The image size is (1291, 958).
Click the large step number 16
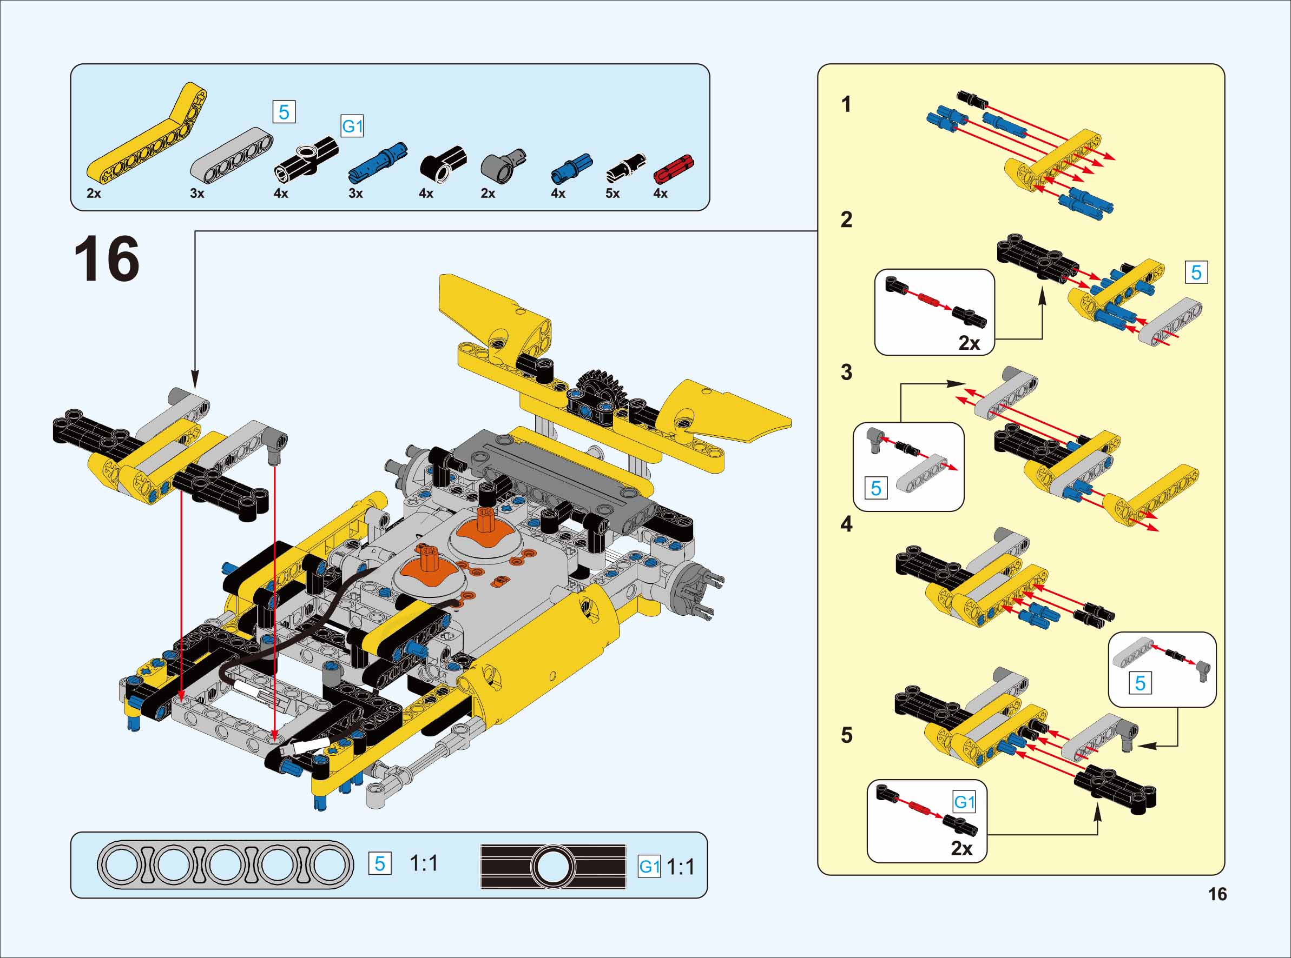107,259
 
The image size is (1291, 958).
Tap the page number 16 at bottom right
1217,894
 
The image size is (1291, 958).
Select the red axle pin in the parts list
673,169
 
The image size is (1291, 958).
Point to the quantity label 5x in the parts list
612,194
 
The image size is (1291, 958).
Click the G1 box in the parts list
352,127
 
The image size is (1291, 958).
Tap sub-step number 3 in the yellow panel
847,372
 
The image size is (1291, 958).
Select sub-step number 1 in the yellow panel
847,104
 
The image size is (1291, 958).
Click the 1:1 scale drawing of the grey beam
225,864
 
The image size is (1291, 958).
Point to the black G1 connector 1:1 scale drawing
553,867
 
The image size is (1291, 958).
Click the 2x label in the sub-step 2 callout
969,343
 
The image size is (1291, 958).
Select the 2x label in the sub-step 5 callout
961,848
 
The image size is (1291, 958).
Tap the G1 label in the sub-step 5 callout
964,802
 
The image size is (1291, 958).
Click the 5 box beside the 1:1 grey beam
380,864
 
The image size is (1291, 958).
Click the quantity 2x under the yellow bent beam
94,194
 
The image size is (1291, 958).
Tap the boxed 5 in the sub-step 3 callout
876,488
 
